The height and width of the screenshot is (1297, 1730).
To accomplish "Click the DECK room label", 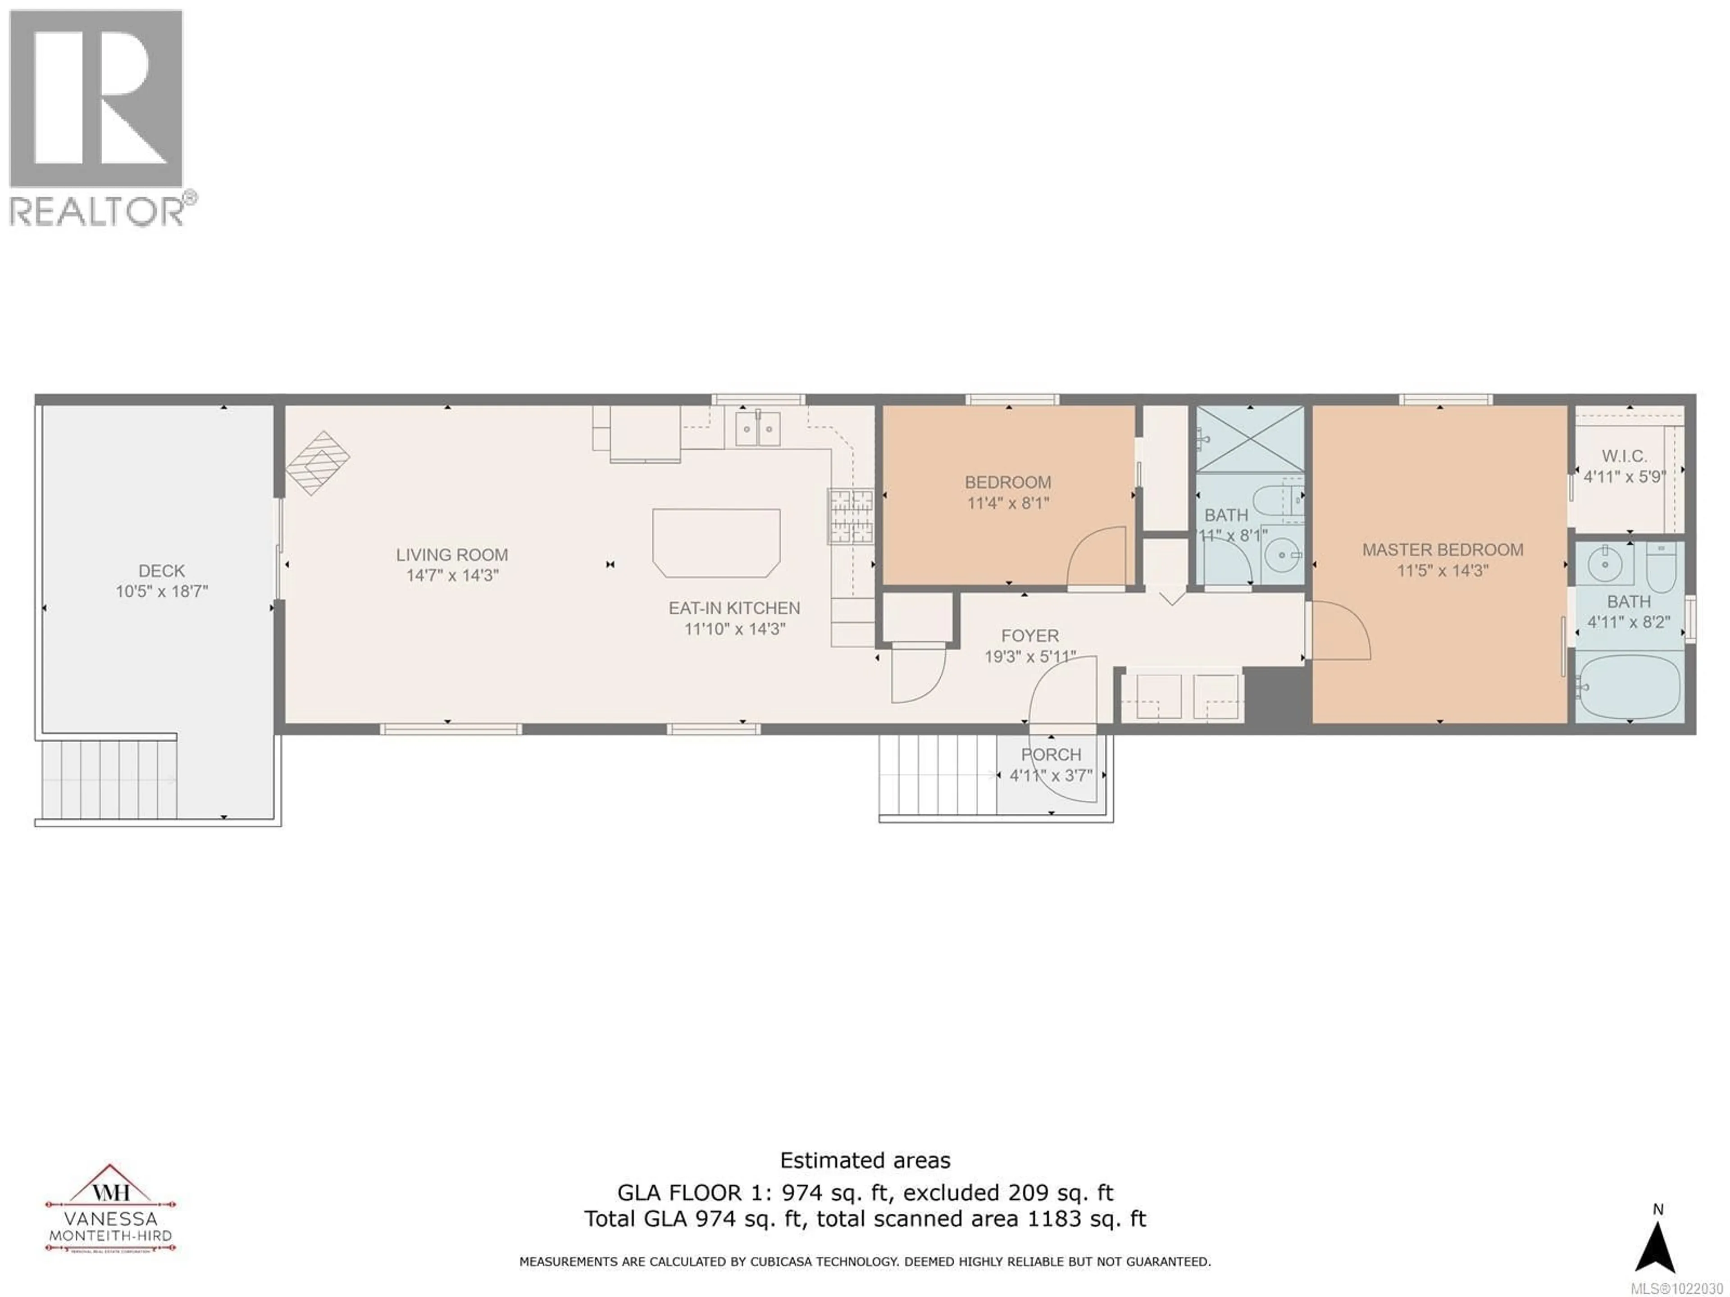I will click(x=162, y=571).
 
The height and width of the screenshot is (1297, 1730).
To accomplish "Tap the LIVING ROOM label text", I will click(x=451, y=555).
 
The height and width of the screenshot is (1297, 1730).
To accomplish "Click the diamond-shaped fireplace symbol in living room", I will click(x=318, y=463).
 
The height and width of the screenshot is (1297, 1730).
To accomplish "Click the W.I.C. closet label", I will click(x=1625, y=456).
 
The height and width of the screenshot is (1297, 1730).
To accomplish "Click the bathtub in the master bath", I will click(x=1628, y=688).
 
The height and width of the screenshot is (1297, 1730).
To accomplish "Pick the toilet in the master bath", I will click(x=1660, y=567).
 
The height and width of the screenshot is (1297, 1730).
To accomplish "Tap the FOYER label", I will click(x=1030, y=635).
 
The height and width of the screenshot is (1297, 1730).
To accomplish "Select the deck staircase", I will click(x=109, y=779).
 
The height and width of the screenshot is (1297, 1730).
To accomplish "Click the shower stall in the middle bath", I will click(x=1250, y=440).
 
